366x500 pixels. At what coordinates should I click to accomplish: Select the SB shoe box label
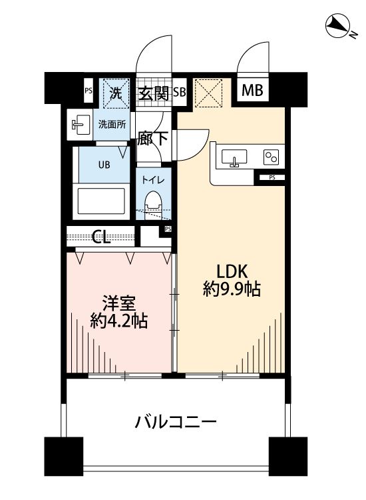pos(179,93)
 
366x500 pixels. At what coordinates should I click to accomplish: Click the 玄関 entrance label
pos(154,93)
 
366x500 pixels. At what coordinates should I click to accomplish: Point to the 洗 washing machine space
pos(114,93)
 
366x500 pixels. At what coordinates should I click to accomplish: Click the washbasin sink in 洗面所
pos(81,124)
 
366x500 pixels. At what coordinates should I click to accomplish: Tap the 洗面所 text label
pos(112,124)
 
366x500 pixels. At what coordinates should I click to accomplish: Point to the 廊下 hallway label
pos(152,140)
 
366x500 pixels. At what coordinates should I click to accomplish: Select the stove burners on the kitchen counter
pos(271,157)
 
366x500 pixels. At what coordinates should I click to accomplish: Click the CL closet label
pos(102,237)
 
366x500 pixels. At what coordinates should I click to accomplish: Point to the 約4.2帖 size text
pos(118,321)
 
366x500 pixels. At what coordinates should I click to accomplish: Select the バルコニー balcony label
pos(176,422)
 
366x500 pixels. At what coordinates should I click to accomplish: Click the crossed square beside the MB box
pos(208,93)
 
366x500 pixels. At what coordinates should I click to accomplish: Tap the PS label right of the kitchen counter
pos(272,177)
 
